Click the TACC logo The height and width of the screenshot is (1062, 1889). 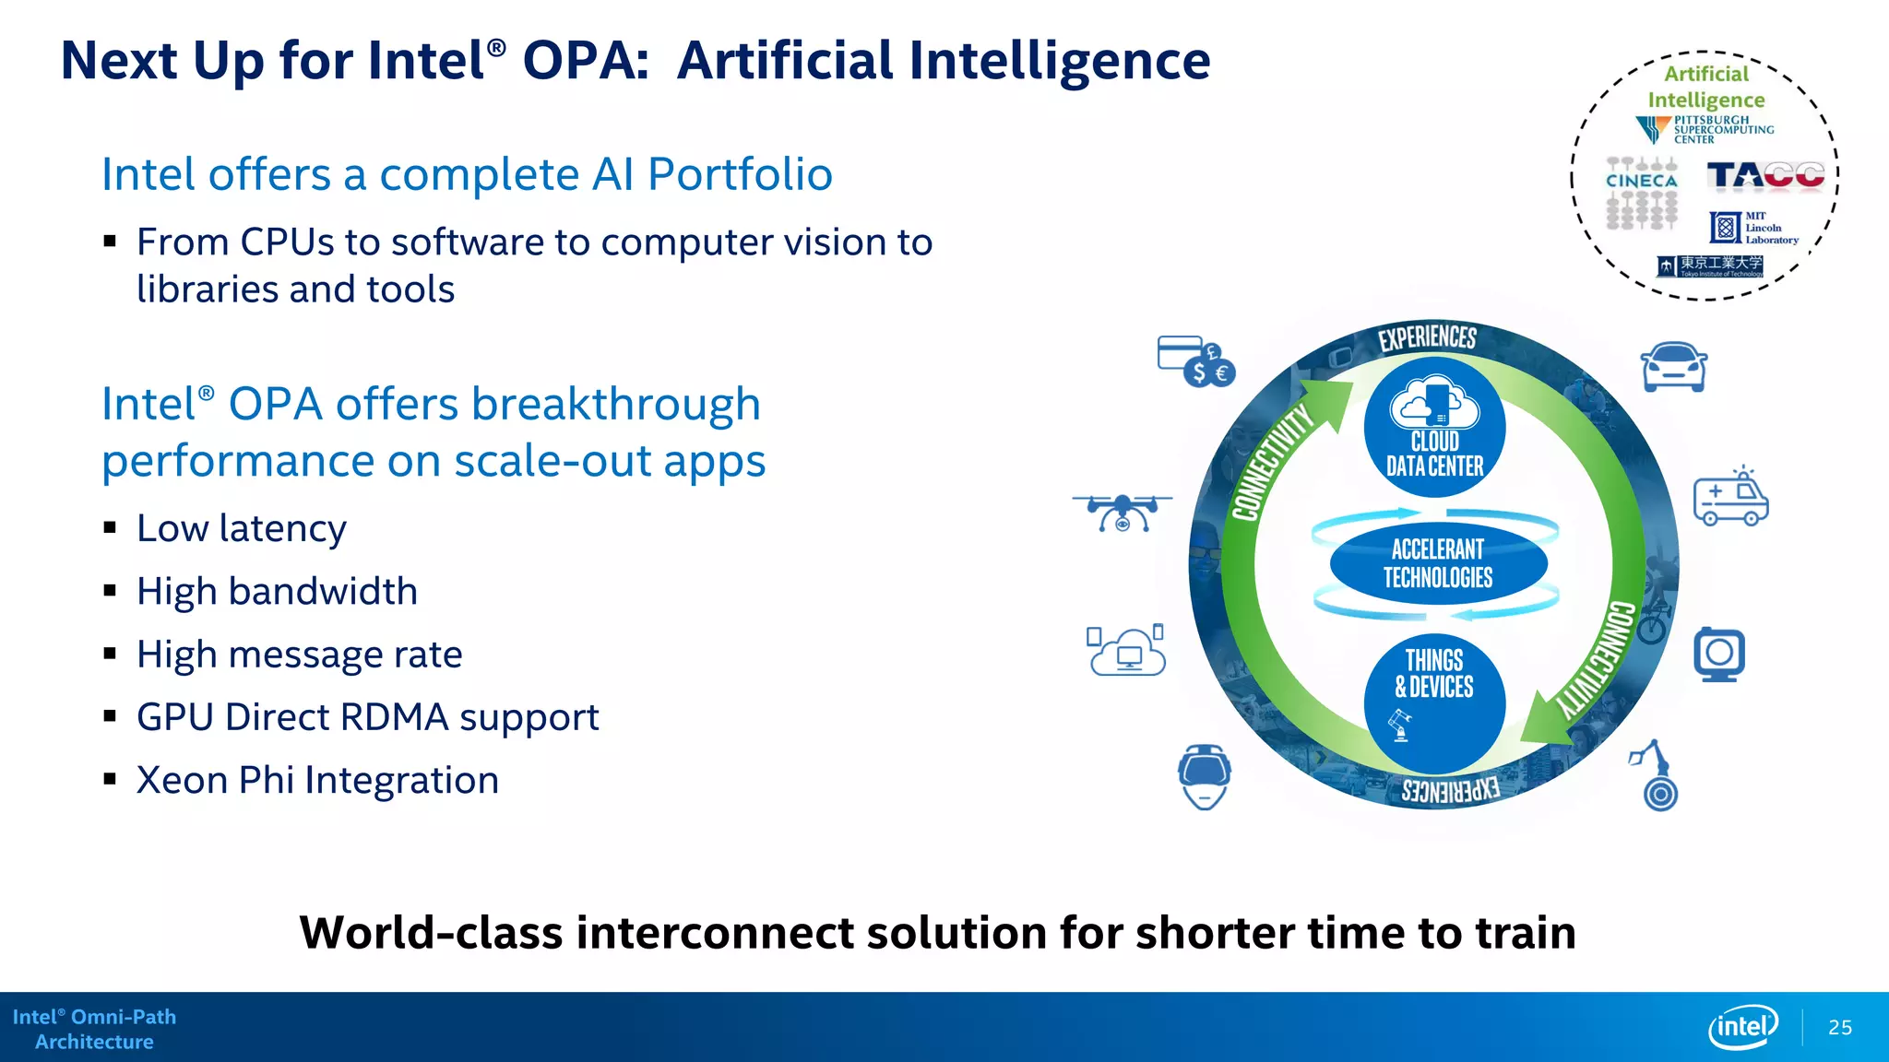pyautogui.click(x=1765, y=175)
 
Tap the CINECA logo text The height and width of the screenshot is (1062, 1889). pyautogui.click(x=1642, y=182)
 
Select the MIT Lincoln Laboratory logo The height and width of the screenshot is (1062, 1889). pyautogui.click(x=1753, y=227)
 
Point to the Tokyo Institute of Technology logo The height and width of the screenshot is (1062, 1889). pyautogui.click(x=1710, y=266)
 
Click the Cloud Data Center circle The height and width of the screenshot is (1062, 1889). pyautogui.click(x=1434, y=428)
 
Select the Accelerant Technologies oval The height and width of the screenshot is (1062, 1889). pyautogui.click(x=1437, y=563)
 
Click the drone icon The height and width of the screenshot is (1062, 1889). pyautogui.click(x=1123, y=513)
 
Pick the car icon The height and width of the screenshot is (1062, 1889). pyautogui.click(x=1674, y=367)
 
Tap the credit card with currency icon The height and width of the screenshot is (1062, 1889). pyautogui.click(x=1195, y=361)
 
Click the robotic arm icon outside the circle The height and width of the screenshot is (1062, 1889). pyautogui.click(x=1656, y=776)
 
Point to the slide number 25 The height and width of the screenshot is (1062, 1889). pyautogui.click(x=1839, y=1027)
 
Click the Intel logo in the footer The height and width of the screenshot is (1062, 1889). pyautogui.click(x=1743, y=1026)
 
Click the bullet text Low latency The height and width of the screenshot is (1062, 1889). pyautogui.click(x=242, y=528)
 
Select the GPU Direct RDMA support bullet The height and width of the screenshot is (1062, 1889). pyautogui.click(x=367, y=717)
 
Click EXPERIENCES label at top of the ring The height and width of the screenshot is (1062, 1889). pyautogui.click(x=1427, y=337)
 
